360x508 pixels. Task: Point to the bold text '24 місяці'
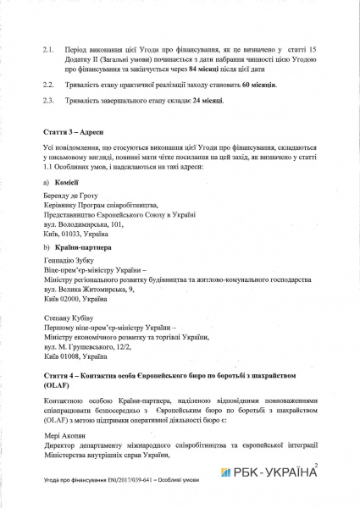point(183,102)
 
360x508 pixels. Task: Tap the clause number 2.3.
point(47,102)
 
